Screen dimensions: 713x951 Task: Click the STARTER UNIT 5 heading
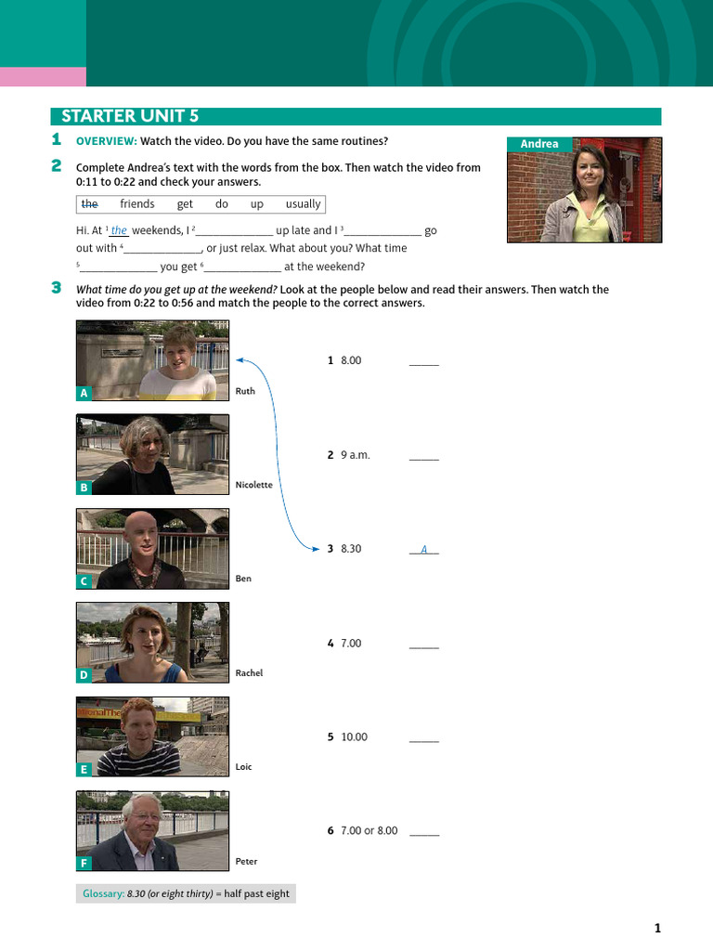point(130,116)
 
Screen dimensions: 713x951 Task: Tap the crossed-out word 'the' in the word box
point(90,203)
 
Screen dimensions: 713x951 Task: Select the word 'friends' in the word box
point(137,203)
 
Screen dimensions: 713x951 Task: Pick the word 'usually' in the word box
point(304,204)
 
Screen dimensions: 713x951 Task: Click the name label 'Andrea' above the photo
point(539,144)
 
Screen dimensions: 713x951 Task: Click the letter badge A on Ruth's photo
point(84,393)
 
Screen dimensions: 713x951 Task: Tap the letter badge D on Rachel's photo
point(84,675)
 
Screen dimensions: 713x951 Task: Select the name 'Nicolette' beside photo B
point(254,485)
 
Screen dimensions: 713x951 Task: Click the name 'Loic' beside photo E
point(243,766)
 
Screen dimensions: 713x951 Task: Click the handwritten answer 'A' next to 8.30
point(423,550)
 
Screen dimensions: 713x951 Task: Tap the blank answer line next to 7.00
point(423,648)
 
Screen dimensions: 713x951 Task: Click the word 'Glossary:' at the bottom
point(104,893)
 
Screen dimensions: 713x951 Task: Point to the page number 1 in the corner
point(658,928)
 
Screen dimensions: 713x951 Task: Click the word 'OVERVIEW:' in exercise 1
point(107,141)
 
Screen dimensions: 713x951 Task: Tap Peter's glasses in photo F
point(144,816)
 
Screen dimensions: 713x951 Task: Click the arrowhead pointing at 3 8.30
point(316,549)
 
